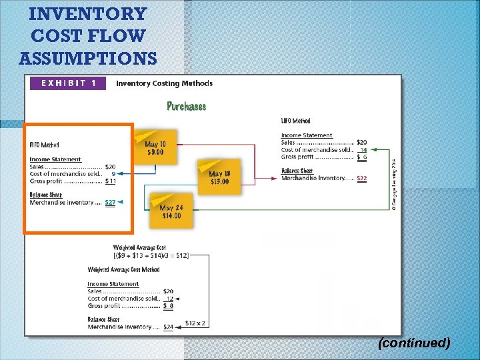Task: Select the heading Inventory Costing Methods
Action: tap(164, 83)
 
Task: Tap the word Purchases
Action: tap(186, 106)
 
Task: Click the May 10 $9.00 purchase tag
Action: tap(155, 147)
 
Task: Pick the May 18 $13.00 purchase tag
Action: tap(219, 177)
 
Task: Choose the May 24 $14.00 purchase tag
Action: tap(171, 211)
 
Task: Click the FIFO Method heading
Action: tap(44, 145)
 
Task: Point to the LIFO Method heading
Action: tap(295, 121)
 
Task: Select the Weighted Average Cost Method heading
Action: tap(123, 270)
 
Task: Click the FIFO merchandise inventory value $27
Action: tap(110, 202)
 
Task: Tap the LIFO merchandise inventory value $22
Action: tap(361, 178)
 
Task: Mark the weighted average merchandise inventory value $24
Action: tap(168, 327)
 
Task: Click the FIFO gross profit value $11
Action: tap(111, 181)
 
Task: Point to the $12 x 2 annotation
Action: tap(195, 323)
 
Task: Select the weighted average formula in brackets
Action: tap(151, 255)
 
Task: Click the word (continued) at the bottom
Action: tap(413, 343)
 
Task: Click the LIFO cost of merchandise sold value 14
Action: tap(363, 150)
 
